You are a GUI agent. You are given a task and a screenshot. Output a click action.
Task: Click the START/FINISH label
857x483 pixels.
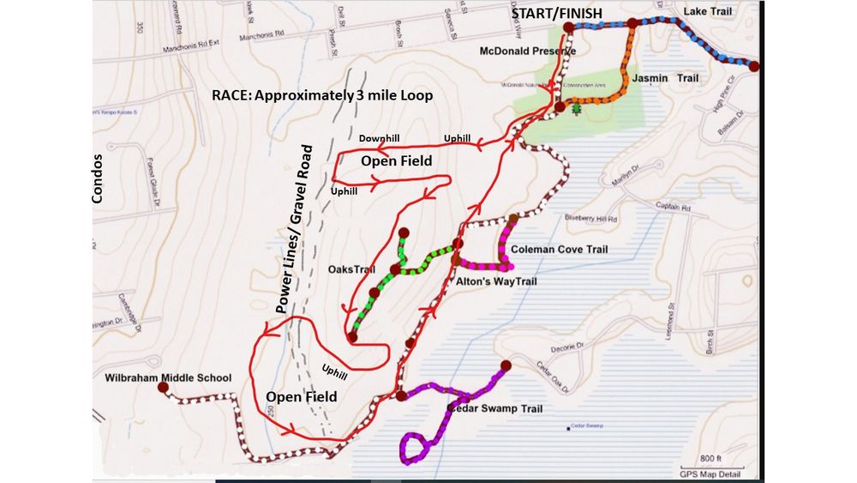coord(556,13)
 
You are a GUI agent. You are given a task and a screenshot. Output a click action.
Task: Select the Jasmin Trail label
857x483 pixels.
coord(665,78)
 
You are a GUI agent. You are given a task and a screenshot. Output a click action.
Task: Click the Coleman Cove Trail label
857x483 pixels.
coord(559,250)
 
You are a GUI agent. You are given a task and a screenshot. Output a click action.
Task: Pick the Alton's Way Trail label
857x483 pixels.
coord(497,280)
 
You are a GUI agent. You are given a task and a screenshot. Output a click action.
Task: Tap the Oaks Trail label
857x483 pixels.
coord(352,269)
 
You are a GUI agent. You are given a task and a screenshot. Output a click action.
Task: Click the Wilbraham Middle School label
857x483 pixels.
coord(168,377)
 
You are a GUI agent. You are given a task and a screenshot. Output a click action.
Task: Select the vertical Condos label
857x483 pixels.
coord(97,179)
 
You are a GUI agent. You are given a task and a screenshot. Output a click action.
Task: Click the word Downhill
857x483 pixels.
coord(380,138)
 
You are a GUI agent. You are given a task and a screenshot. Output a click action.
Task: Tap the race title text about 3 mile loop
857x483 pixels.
coord(322,94)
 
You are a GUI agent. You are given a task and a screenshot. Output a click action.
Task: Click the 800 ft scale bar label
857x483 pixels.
coord(711,457)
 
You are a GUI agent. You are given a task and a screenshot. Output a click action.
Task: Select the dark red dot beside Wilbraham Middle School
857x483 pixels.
coord(163,388)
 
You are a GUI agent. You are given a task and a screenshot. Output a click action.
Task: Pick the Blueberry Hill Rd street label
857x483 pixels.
coord(590,220)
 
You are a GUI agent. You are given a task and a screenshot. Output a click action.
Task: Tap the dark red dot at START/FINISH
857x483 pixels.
coord(568,27)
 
